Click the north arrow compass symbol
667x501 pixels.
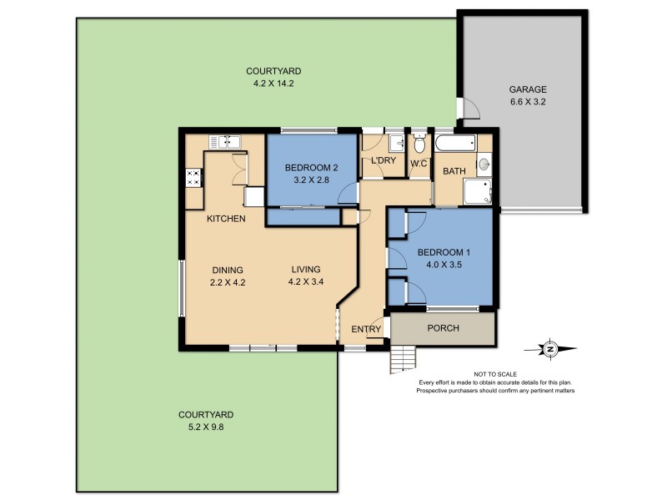550,350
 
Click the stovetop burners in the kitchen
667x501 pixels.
193,177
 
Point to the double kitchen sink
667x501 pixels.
225,141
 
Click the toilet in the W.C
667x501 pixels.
419,140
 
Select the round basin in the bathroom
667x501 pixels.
484,164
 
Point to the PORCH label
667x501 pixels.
443,328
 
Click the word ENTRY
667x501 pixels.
365,329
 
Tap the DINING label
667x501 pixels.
227,270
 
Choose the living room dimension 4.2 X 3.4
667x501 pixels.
305,281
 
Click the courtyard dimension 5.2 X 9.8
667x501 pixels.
206,426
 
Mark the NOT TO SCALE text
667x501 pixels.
496,376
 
